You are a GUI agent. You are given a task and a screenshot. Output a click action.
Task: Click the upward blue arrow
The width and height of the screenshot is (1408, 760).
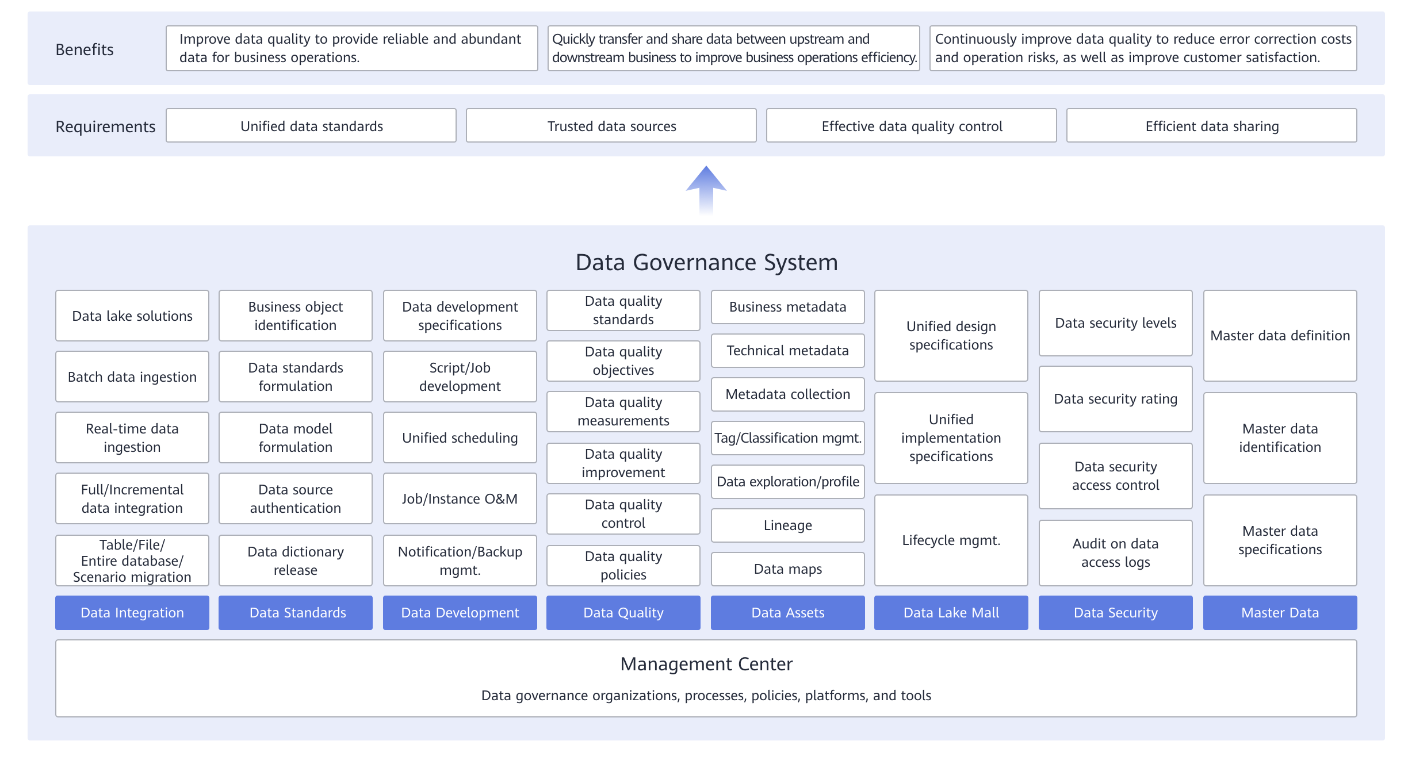coord(706,190)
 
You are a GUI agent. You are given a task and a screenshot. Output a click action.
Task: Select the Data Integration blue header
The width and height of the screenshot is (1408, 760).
coord(132,613)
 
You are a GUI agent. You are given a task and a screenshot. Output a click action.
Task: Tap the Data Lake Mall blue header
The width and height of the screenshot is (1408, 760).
coord(951,613)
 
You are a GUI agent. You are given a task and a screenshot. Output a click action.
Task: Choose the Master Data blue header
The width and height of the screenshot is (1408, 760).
coord(1280,613)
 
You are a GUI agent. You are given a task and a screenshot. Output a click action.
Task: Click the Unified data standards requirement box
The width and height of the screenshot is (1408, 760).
coord(311,125)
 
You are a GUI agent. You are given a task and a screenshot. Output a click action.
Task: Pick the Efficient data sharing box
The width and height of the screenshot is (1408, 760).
coord(1212,125)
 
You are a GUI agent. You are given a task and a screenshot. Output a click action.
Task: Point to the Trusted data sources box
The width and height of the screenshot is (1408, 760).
coord(611,125)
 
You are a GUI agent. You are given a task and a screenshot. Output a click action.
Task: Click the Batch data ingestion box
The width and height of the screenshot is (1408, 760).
coord(132,377)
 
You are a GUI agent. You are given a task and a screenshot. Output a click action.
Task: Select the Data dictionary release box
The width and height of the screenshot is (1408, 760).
coord(296,561)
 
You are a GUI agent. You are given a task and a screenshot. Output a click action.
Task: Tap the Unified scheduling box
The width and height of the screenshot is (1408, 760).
coord(460,437)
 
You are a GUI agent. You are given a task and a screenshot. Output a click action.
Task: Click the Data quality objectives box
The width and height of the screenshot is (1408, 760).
coord(623,361)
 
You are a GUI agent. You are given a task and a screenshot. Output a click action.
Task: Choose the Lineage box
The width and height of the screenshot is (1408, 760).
coord(788,525)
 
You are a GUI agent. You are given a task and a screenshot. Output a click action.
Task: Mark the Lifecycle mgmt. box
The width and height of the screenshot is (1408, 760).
coord(951,540)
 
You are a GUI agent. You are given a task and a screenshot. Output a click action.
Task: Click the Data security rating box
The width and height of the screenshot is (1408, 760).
coord(1116,399)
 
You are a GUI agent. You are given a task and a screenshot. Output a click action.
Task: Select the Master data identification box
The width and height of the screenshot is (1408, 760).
coord(1280,438)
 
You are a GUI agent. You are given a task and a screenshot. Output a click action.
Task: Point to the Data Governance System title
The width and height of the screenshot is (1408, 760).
coord(706,262)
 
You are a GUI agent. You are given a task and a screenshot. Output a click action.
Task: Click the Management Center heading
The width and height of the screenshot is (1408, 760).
coord(706,664)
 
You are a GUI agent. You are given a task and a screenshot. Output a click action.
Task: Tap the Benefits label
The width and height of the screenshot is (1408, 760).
coord(85,49)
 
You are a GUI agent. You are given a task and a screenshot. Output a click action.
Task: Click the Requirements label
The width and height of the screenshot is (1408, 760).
coord(105,126)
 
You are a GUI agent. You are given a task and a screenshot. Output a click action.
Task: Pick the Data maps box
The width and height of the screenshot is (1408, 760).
coord(788,569)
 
